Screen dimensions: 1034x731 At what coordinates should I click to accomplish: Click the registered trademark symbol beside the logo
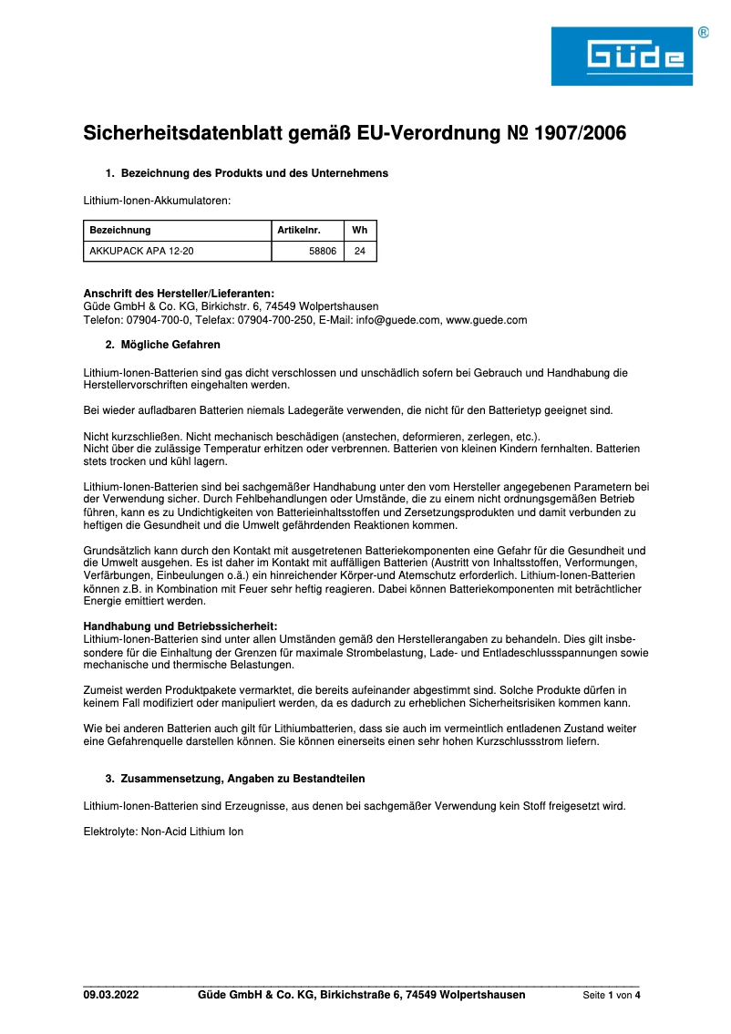pos(703,32)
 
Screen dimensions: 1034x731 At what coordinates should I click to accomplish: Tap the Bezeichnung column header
pos(120,231)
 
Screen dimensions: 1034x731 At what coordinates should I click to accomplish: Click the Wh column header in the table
pos(359,231)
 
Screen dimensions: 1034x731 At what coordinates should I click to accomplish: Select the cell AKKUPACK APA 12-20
pos(141,251)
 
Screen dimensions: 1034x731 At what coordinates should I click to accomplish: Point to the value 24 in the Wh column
pos(359,251)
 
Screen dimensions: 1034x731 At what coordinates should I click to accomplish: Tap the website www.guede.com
pos(487,320)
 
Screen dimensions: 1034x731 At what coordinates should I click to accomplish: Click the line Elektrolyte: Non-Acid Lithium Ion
pos(163,832)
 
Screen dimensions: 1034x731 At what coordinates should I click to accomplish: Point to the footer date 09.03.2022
pos(111,995)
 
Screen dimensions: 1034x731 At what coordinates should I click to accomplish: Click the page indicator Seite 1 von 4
pos(612,995)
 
